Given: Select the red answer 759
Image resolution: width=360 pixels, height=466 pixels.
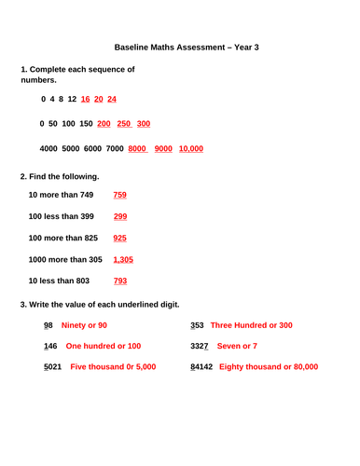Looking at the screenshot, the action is coord(119,195).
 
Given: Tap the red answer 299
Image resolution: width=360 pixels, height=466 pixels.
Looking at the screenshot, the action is coord(119,216).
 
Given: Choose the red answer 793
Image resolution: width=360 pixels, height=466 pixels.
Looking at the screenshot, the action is coord(119,281).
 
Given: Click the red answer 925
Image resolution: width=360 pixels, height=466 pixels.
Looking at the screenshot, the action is coord(119,238).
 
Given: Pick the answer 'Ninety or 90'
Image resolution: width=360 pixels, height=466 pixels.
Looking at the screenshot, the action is coord(84,325).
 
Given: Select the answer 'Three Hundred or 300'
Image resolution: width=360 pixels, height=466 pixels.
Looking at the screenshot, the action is coord(251,325).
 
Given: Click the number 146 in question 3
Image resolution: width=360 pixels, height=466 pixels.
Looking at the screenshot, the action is coord(51,346).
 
